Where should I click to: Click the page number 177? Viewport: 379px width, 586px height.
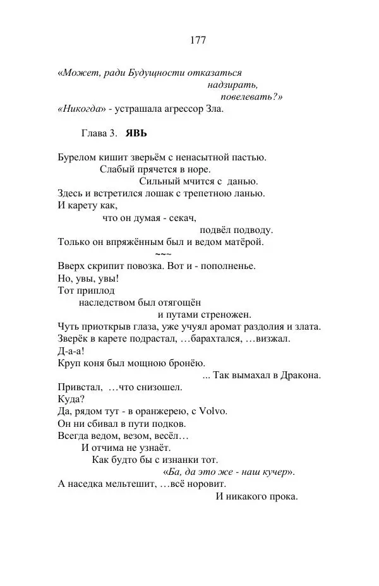[x=197, y=40]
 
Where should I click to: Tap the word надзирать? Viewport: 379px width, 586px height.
[x=232, y=85]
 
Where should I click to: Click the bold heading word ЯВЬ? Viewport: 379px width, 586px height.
[x=137, y=135]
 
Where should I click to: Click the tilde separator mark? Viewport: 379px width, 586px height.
[x=162, y=253]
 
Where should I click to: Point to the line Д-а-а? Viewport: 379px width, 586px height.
[x=70, y=350]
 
